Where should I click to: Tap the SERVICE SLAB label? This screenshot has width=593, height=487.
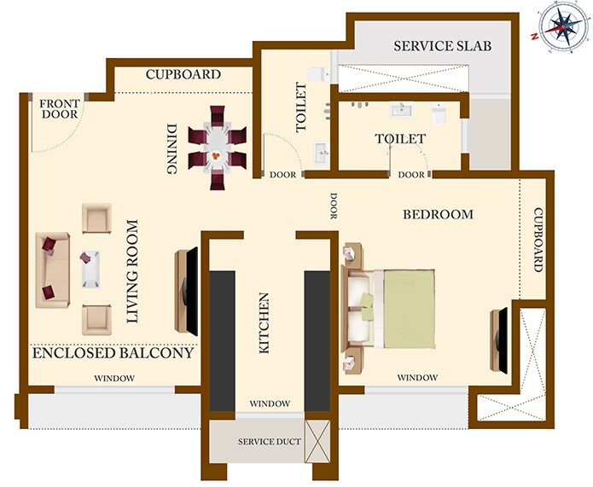click(x=440, y=46)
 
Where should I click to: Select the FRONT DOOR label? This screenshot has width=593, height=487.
click(x=59, y=109)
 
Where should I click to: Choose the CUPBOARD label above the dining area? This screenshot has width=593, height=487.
click(x=183, y=74)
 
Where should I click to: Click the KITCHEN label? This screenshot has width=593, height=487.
click(x=264, y=323)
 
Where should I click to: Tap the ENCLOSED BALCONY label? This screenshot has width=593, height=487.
click(x=113, y=352)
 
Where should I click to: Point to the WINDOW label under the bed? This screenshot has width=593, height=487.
click(x=418, y=378)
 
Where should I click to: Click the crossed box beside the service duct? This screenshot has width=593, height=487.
click(x=317, y=440)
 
